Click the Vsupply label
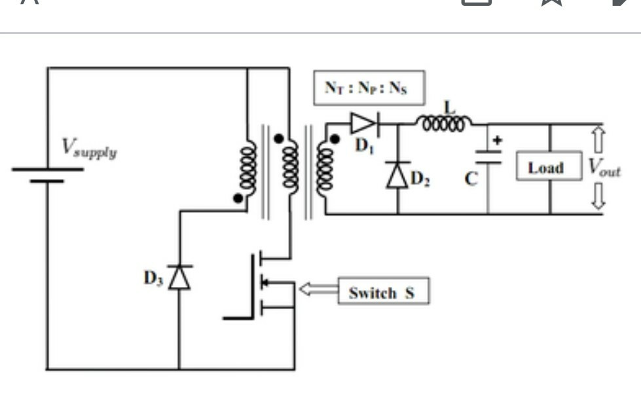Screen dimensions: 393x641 (x=89, y=149)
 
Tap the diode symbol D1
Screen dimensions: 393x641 (x=361, y=122)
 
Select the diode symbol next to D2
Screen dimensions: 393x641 (x=397, y=175)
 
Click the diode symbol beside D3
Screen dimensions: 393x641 (x=179, y=277)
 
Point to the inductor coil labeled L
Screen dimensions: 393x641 (x=445, y=123)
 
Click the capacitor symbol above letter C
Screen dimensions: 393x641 (x=488, y=157)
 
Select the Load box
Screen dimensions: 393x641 (x=545, y=168)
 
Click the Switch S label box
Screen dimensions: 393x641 (x=383, y=292)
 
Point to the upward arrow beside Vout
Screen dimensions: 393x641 (x=598, y=140)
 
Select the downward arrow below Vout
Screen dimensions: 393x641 (x=598, y=196)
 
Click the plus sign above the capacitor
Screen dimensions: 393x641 (x=496, y=140)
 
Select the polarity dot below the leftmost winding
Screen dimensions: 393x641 (x=238, y=196)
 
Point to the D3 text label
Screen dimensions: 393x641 (x=153, y=278)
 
